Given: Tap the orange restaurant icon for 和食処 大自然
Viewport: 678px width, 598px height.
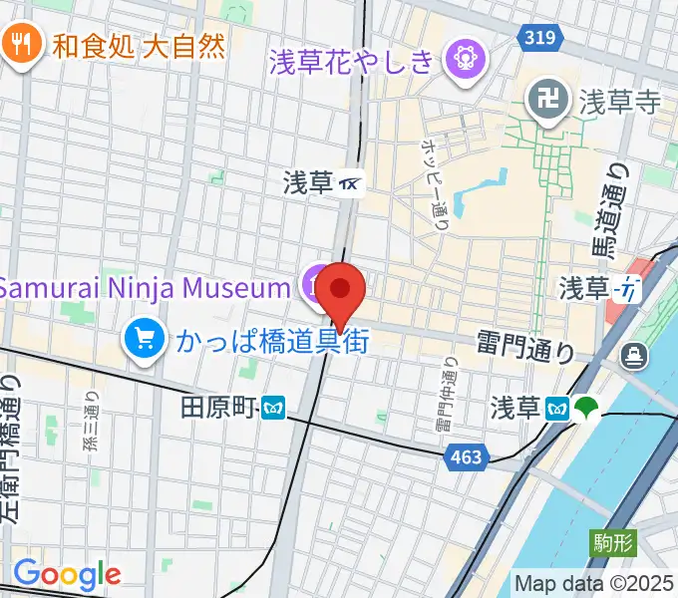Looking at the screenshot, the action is pos(20,45).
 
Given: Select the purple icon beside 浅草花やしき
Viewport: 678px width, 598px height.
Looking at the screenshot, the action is pos(464,59).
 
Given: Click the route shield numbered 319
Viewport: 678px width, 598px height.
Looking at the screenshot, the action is pos(538,37).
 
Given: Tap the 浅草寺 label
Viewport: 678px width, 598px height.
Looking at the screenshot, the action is pos(619,101).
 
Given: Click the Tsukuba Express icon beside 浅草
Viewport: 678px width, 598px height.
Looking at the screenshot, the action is pos(350,183).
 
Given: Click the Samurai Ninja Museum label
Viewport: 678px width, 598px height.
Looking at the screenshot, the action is pos(144,288).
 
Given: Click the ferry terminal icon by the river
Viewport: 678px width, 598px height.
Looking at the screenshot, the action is pos(634,355).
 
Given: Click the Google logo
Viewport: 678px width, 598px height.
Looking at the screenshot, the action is pos(67,574).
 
